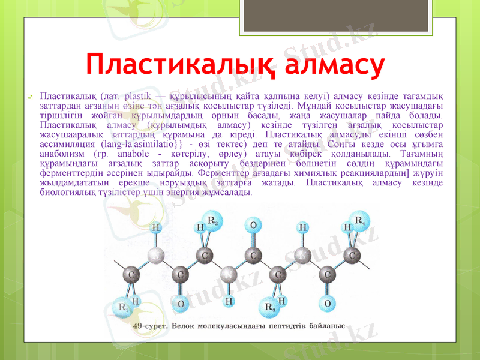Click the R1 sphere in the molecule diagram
(x=125, y=308)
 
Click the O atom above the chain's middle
(x=253, y=226)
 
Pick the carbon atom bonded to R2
(x=205, y=256)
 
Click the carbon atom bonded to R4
(x=352, y=256)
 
